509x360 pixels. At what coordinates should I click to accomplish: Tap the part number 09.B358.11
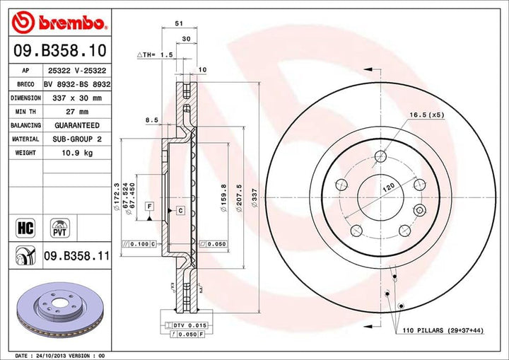(x=76, y=257)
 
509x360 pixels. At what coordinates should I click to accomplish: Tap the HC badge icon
(x=24, y=227)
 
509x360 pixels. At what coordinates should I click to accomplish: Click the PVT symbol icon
(x=59, y=227)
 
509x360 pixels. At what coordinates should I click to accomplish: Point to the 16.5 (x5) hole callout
(x=426, y=115)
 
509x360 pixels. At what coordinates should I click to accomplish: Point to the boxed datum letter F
(x=149, y=205)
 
